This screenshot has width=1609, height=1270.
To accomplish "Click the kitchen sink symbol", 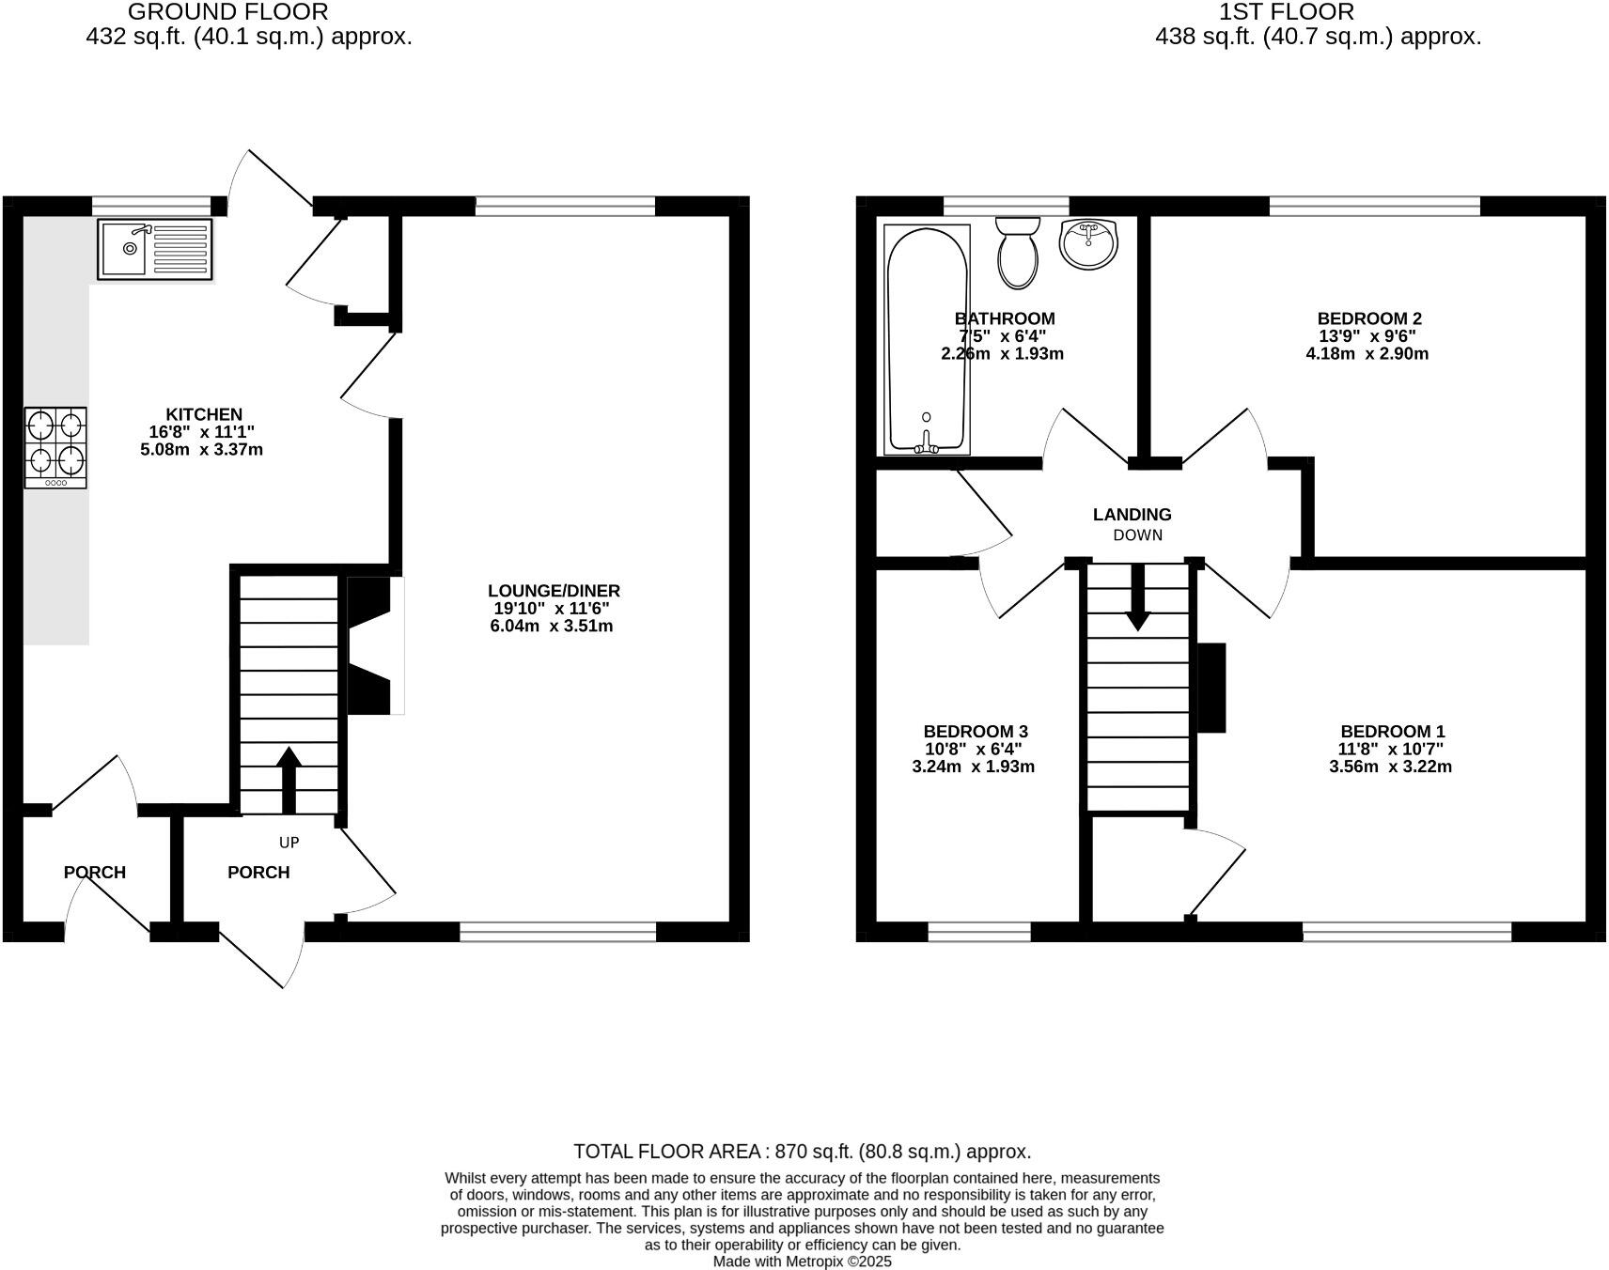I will click(155, 249).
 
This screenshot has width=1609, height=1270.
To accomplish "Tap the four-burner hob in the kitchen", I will click(55, 447).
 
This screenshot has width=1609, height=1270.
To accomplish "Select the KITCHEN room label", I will click(204, 414).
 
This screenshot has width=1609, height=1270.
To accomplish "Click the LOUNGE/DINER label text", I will click(554, 591).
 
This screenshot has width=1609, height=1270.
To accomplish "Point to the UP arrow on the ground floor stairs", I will click(289, 780).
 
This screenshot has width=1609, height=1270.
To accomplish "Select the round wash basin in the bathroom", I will click(1088, 243).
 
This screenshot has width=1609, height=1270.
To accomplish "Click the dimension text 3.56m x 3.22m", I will click(1390, 767).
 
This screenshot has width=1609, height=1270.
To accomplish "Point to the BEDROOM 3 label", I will click(976, 732).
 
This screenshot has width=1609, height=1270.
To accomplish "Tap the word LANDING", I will click(1132, 515).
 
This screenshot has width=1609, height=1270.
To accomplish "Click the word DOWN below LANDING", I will click(1137, 535).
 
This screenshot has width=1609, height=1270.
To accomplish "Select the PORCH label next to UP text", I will click(258, 873).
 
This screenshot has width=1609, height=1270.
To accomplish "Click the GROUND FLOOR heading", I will click(227, 12).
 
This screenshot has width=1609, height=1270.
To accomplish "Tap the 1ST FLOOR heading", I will click(1286, 12).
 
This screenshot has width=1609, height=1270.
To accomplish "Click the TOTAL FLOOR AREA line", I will click(802, 1152).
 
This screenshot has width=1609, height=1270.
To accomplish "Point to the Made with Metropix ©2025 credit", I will click(802, 1262).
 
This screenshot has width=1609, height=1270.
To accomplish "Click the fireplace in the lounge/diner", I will click(371, 646).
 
